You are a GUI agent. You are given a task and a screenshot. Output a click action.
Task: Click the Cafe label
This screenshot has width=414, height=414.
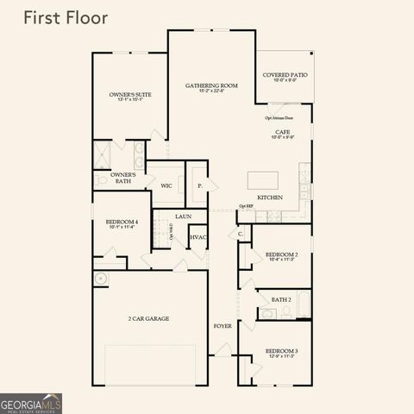pyautogui.click(x=282, y=134)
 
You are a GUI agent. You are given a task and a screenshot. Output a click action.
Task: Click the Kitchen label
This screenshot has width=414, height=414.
pyautogui.click(x=270, y=198)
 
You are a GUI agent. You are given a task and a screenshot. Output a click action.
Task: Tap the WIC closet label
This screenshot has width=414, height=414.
pyautogui.click(x=166, y=185)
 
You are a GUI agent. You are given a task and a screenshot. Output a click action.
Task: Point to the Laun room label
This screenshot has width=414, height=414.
pyautogui.click(x=183, y=216)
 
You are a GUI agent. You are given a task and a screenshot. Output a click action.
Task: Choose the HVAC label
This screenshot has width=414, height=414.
pyautogui.click(x=198, y=237)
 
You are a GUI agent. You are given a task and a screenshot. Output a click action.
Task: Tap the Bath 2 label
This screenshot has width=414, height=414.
pyautogui.click(x=281, y=299)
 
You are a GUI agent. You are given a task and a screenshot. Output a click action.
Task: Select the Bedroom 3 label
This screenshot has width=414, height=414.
pyautogui.click(x=281, y=353)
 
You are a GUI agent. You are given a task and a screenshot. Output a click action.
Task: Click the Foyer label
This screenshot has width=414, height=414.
pyautogui.click(x=223, y=325)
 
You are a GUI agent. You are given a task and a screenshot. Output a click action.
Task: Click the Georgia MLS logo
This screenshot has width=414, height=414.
pyautogui.click(x=31, y=403)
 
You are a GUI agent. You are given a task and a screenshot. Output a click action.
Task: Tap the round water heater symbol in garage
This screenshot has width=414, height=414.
pyautogui.click(x=101, y=279)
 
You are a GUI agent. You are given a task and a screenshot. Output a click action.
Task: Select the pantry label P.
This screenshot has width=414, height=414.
pyautogui.click(x=199, y=185)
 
